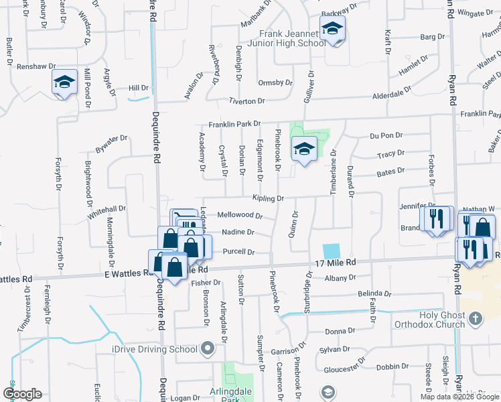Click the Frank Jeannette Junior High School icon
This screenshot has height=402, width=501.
332,29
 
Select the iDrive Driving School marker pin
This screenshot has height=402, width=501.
208,348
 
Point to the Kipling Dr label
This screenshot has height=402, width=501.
269,198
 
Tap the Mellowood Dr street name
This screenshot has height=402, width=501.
240,215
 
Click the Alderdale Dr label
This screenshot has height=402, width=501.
392,95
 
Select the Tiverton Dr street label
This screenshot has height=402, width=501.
247,101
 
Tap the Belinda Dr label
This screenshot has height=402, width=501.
374,293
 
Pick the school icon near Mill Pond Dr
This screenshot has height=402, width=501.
64,82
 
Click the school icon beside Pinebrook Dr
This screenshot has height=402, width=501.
304,149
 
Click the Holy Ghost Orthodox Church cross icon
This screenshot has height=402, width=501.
475,319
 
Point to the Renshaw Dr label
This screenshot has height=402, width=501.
31,67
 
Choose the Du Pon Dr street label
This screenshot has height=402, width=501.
386,135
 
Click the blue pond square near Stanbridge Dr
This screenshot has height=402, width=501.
331,251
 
